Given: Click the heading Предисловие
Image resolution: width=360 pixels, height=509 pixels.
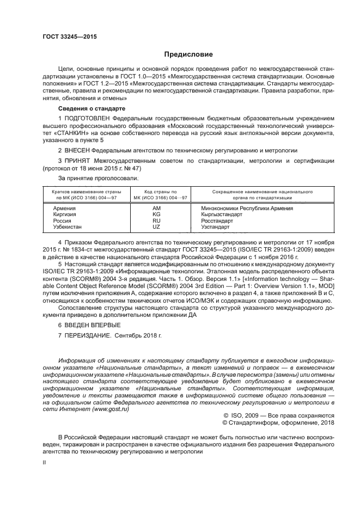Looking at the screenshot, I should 188,54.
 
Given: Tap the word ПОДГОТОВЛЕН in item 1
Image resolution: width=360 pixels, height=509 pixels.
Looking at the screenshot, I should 90,118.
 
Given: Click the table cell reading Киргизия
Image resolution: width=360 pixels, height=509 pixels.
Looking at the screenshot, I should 64,214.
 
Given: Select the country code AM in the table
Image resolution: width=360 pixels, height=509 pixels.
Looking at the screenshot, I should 157,208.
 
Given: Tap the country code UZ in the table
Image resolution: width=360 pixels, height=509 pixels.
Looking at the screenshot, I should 157,227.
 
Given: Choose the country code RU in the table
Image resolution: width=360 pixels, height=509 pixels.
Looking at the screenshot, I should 157,220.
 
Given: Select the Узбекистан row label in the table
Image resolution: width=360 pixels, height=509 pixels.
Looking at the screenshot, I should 67,227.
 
